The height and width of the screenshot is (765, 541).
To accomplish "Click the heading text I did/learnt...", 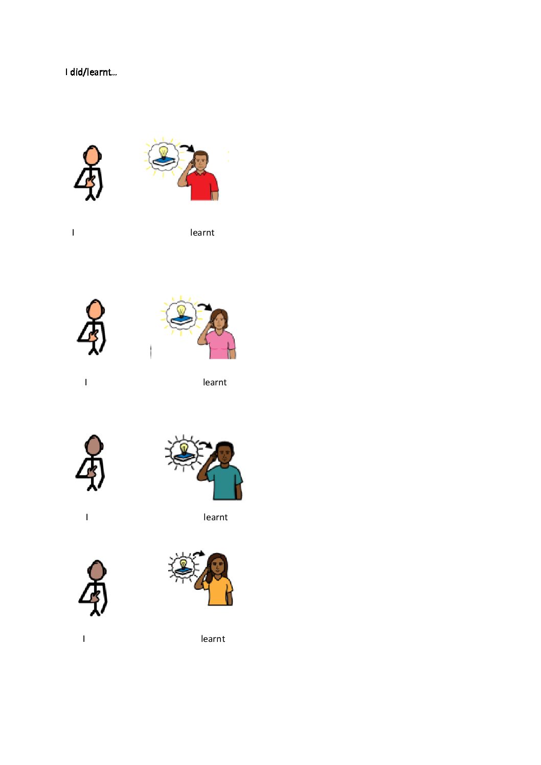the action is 91,72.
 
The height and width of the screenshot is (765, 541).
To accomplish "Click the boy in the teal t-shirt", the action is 221,471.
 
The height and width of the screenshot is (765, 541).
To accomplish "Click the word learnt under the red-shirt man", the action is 202,233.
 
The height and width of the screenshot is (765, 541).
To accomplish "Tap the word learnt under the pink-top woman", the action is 215,382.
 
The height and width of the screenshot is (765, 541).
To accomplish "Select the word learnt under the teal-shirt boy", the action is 215,517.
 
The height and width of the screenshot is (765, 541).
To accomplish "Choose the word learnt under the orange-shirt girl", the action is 213,639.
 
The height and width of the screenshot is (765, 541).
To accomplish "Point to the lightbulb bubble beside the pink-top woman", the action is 181,314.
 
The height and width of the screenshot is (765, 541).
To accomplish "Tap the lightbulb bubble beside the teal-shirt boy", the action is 184,453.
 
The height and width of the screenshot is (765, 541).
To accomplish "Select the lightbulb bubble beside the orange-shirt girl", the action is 183,567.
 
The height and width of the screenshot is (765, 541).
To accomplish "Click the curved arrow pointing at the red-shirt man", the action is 188,147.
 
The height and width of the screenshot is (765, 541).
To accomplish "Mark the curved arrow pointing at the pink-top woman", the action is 206,306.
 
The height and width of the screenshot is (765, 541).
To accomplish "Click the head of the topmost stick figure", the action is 92,156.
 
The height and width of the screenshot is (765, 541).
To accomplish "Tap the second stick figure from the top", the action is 92,327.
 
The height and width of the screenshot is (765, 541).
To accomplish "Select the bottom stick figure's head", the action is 97,570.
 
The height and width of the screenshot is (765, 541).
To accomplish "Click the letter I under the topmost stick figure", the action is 73,233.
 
